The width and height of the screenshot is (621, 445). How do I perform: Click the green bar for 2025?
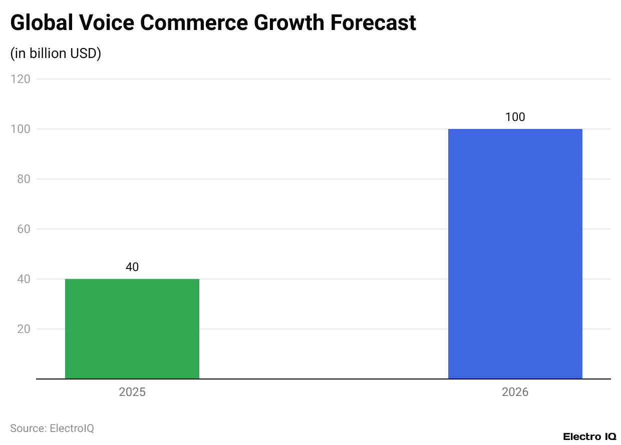tap(132, 328)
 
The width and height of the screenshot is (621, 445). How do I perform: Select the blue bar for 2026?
tap(515, 253)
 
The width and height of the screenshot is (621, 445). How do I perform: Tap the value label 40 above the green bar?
tap(132, 267)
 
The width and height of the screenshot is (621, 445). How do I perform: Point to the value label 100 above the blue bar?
tap(515, 117)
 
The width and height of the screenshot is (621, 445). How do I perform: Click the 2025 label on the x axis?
tap(132, 392)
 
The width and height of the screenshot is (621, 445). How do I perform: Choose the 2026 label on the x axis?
tap(515, 392)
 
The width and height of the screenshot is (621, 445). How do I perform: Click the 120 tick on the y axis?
tap(22, 79)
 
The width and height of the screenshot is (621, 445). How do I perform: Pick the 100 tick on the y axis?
tap(22, 129)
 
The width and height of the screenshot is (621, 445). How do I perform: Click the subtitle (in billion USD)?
tap(56, 53)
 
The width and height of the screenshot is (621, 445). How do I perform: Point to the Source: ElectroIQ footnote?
tap(52, 428)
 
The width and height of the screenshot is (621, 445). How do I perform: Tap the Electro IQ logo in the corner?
tap(589, 436)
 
